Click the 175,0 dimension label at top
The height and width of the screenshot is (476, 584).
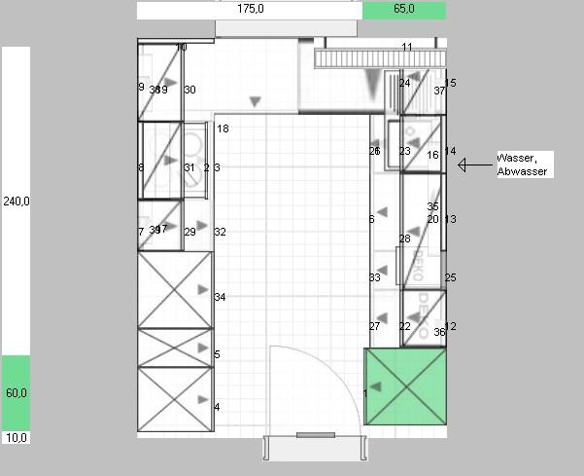[x=251, y=9]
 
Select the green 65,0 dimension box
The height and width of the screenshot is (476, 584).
[x=404, y=10]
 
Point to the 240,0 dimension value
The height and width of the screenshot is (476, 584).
[x=16, y=201]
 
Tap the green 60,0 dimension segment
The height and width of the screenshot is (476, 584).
[x=16, y=392]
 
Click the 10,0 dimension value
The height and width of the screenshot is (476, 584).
[x=16, y=438]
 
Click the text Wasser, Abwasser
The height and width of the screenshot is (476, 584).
[x=523, y=165]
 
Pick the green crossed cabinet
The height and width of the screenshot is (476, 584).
[x=405, y=386]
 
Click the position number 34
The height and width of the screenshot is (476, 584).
[x=220, y=297]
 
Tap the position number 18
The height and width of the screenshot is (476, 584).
[x=223, y=128]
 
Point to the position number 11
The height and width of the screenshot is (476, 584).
[x=407, y=48]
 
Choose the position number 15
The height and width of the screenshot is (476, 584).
[x=451, y=84]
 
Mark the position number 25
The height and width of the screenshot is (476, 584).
[x=451, y=277]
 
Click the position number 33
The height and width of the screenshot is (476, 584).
[x=375, y=277]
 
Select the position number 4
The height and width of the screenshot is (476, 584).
[x=217, y=407]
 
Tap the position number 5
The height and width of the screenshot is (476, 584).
[x=217, y=354]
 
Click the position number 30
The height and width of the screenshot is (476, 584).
[x=189, y=90]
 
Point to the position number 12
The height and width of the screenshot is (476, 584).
[x=451, y=326]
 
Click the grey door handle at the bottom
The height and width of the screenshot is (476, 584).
[x=315, y=435]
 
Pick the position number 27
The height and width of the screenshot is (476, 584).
[x=374, y=326]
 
